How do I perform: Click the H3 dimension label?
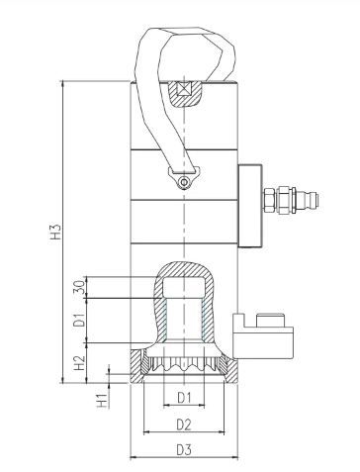[56, 232]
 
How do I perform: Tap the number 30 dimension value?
[79, 287]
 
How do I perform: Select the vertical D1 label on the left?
[79, 321]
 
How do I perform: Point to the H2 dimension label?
[79, 362]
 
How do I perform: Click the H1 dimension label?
[102, 401]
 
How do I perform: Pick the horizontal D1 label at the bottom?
[184, 398]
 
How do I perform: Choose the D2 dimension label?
[184, 425]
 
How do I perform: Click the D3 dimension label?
[184, 449]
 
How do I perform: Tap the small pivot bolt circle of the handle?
[184, 182]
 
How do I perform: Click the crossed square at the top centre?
[184, 88]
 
